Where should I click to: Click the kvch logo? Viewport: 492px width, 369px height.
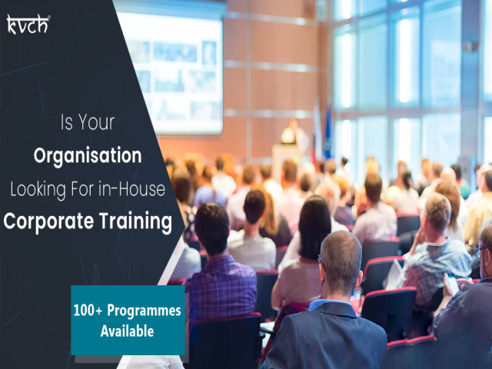pos(27,24)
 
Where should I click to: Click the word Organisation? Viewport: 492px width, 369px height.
pos(87,156)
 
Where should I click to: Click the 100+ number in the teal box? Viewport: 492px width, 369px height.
pos(87,311)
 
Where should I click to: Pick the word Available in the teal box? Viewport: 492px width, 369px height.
pos(127,332)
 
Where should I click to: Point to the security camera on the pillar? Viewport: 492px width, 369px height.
pos(470,45)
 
